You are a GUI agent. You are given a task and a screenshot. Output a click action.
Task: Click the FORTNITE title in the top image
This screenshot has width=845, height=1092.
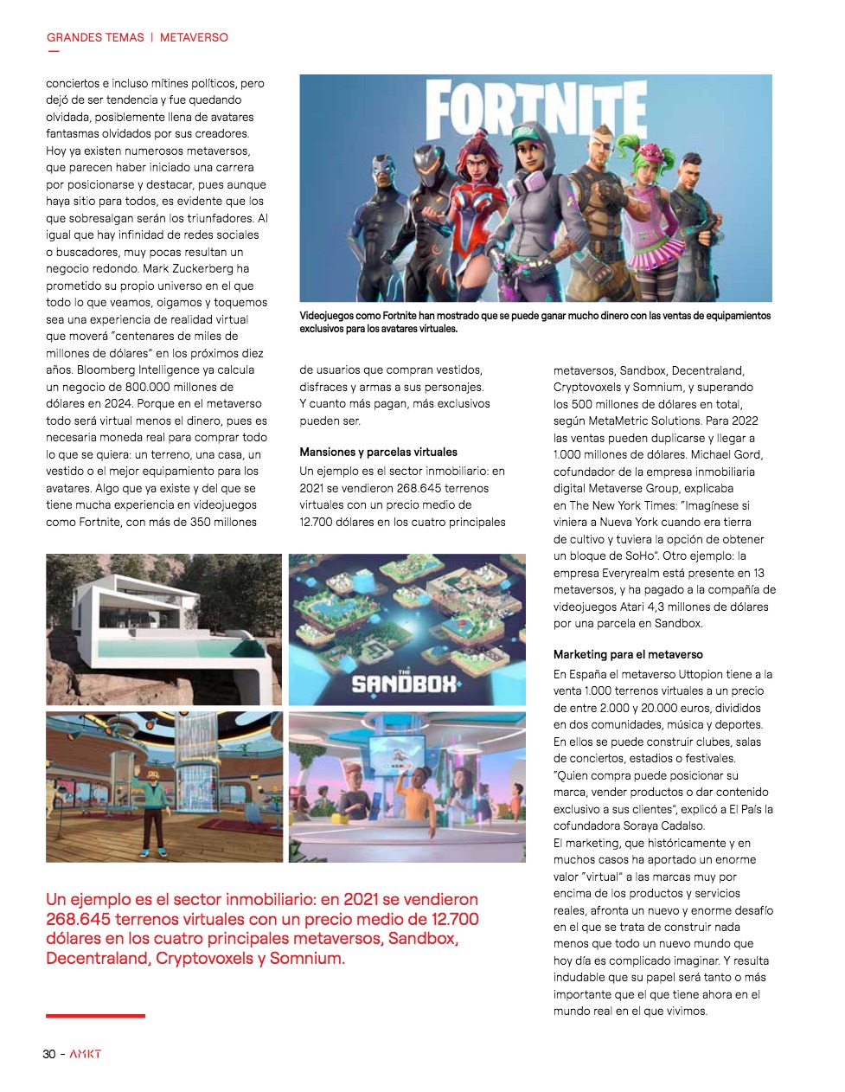536,109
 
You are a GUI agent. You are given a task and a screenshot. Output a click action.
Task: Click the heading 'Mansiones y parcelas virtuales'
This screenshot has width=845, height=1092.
378,452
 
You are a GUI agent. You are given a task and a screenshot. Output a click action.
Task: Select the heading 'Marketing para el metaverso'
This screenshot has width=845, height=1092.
628,654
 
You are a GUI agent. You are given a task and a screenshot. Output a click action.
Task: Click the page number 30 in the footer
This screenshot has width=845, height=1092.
49,1054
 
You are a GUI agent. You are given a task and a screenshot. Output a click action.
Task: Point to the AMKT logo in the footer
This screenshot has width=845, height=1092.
86,1054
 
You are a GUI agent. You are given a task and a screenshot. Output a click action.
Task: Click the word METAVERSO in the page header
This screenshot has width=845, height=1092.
194,37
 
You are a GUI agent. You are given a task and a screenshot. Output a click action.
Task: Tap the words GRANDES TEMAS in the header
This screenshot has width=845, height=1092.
95,37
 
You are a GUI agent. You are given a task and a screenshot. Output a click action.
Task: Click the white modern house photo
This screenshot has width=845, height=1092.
163,629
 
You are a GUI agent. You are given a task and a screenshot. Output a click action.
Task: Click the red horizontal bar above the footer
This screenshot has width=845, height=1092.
95,1016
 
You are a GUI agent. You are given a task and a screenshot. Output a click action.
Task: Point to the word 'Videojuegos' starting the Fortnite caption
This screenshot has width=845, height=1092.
326,316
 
